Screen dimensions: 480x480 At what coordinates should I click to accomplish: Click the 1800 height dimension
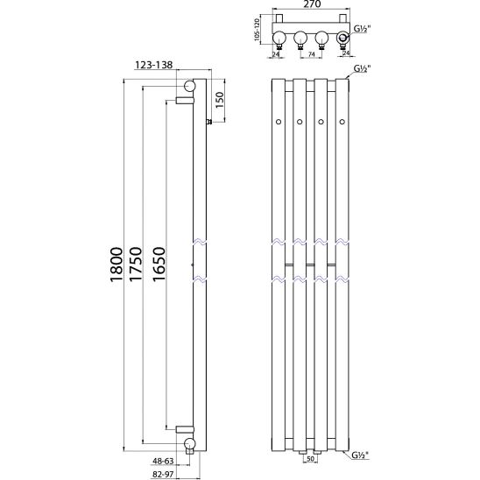point(116,265)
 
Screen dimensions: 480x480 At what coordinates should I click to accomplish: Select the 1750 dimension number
point(136,265)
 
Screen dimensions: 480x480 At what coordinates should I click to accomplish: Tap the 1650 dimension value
point(159,265)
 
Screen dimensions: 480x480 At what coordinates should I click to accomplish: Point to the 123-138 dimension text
point(153,65)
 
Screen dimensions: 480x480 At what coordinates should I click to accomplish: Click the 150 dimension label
point(220,100)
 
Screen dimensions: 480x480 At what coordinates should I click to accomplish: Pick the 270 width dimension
point(311,4)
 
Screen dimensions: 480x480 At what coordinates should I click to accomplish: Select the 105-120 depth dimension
point(257,30)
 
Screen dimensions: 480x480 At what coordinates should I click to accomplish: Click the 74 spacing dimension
point(311,54)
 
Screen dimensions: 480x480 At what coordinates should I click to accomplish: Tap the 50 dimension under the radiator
point(310,459)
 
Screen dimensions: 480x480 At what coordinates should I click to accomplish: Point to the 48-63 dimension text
point(164,461)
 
